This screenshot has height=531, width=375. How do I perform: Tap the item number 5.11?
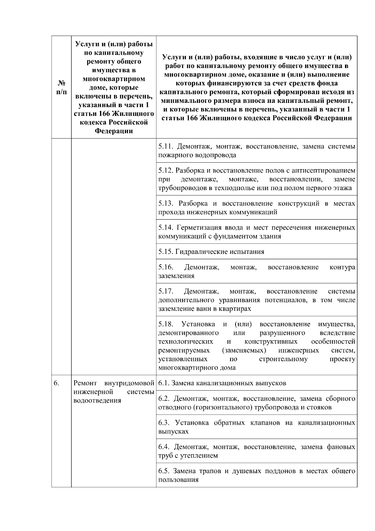(166, 146)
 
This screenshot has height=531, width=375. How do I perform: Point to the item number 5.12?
(166, 171)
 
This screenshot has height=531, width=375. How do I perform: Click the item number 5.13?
(166, 204)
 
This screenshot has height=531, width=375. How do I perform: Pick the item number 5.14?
(166, 227)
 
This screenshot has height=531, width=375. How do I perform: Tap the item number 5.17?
(166, 291)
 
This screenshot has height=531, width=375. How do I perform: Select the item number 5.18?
(166, 324)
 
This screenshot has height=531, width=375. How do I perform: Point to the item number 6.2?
(164, 399)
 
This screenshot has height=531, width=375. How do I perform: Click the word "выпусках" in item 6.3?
(173, 432)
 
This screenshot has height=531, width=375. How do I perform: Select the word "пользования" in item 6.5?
(178, 480)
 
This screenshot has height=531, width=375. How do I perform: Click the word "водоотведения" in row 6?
(97, 401)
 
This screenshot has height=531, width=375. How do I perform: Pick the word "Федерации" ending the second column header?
(114, 131)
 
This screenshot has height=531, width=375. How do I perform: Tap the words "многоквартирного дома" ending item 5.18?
(197, 368)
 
